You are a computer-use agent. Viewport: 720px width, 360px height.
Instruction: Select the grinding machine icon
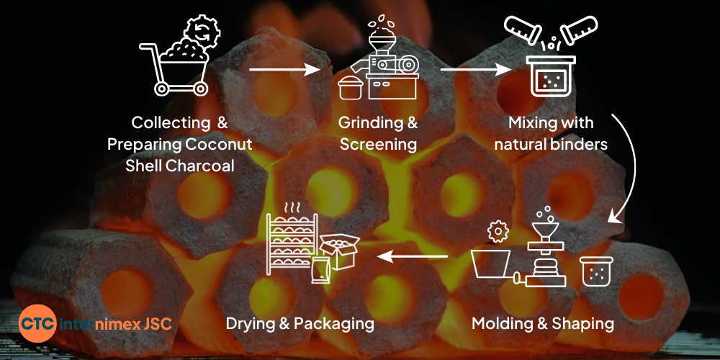point(382,61)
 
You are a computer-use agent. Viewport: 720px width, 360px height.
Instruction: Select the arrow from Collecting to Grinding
point(284,70)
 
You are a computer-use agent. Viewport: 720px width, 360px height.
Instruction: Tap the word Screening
point(378,144)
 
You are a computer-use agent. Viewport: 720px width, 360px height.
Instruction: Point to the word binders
point(580,144)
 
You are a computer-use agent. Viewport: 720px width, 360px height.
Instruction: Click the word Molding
point(503,323)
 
